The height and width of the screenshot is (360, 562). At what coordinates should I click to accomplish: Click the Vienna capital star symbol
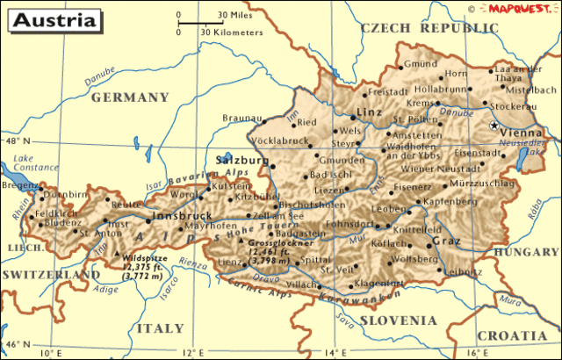[493, 126]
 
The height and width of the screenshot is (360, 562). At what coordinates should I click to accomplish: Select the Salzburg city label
[241, 161]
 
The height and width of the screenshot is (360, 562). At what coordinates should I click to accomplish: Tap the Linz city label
[367, 113]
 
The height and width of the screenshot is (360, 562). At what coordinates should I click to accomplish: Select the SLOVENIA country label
[392, 320]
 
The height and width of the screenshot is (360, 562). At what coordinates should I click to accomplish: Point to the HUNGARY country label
[527, 251]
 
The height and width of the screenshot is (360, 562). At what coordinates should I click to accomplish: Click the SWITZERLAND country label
[51, 275]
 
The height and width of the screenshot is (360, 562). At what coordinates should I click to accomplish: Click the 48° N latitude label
[17, 141]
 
